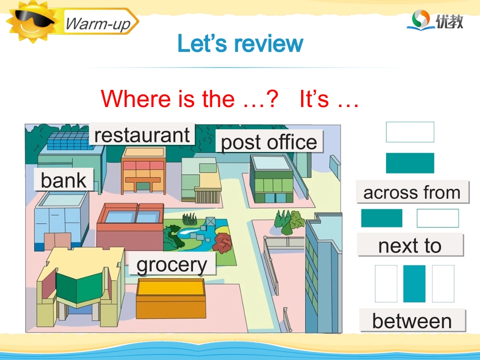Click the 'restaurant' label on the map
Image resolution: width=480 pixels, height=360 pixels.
pos(142,135)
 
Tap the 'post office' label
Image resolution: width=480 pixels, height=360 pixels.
pos(269,142)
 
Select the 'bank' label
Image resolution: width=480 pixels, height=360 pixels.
pos(64,180)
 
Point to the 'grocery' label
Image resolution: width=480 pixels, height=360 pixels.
pos(172,265)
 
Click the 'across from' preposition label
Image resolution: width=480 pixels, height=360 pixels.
pos(412,192)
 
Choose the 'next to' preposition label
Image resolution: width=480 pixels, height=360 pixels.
pos(410,245)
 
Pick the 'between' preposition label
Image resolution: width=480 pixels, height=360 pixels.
pos(412,321)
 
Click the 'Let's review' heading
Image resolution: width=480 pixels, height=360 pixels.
pos(240,44)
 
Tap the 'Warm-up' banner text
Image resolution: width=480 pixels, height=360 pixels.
pos(98,23)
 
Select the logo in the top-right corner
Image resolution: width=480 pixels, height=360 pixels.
pos(435,20)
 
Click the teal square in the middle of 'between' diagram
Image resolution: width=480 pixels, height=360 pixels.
pos(414,284)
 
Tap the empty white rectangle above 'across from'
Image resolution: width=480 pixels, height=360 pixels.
pos(410,132)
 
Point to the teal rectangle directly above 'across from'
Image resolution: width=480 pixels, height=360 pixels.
pos(410,163)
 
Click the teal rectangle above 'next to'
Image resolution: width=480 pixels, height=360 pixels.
pos(381,218)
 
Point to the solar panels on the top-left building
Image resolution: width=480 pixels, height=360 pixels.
pos(64,140)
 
